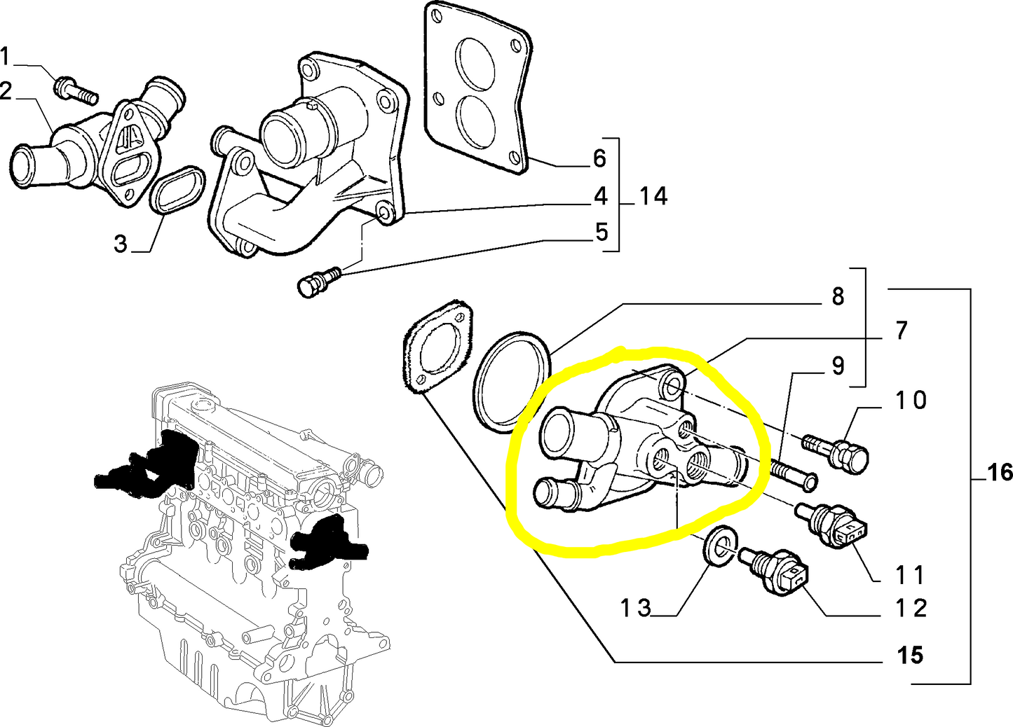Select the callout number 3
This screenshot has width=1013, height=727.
point(121,244)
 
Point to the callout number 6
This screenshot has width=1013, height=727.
point(599,158)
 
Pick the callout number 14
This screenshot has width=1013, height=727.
point(653,196)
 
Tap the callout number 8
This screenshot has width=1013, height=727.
point(838,297)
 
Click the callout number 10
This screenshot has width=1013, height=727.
point(911,401)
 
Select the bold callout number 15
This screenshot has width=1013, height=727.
point(910,656)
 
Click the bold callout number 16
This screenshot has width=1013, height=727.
point(1000,473)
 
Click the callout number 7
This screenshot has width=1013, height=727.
point(902,331)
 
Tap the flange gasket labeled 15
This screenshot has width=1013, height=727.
point(437,346)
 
